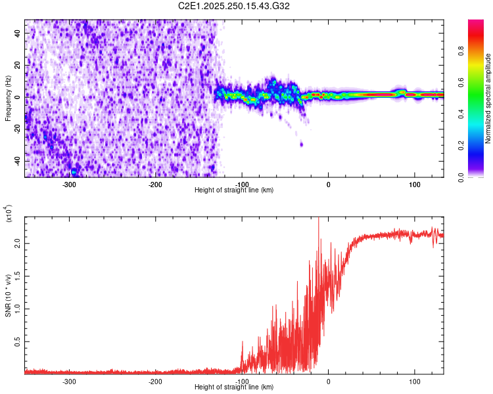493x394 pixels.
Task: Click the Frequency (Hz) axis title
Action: pos(7,98)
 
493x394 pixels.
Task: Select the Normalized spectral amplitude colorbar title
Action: pos(488,99)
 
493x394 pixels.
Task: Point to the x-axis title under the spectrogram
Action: pos(234,190)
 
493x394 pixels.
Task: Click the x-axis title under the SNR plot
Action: pos(234,387)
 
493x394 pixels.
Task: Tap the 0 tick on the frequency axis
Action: pos(18,97)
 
